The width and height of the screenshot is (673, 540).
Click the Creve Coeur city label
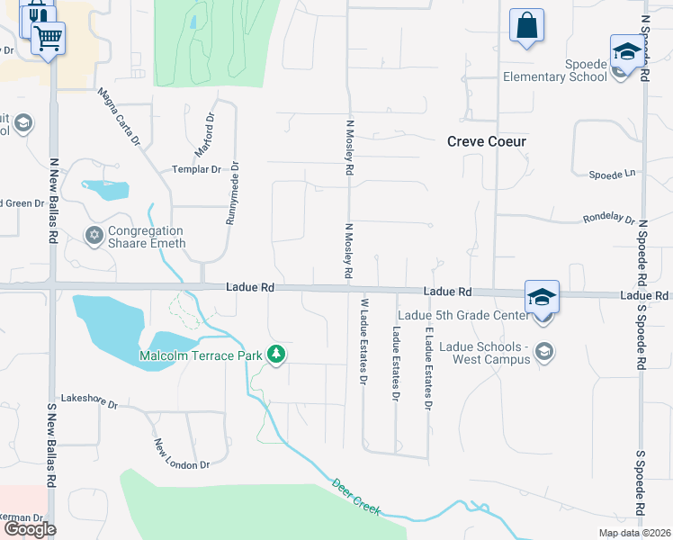487,141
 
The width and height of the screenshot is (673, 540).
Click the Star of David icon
94,236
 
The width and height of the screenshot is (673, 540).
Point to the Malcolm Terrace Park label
201,356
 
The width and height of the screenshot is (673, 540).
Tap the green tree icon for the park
277,355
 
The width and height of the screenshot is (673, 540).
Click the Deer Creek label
356,496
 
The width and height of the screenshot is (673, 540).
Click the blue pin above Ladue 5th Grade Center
543,297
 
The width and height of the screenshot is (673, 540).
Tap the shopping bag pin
526,26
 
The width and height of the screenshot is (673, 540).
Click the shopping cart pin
48,39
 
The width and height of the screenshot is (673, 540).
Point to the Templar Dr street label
196,169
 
